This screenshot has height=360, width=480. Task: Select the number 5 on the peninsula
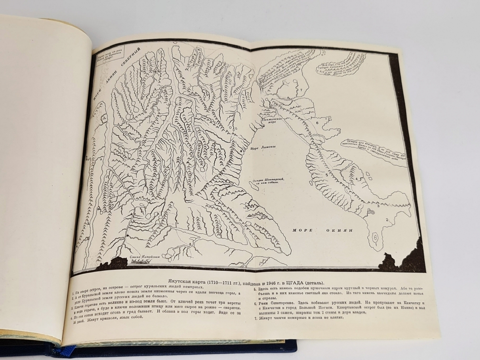point(326,175)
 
